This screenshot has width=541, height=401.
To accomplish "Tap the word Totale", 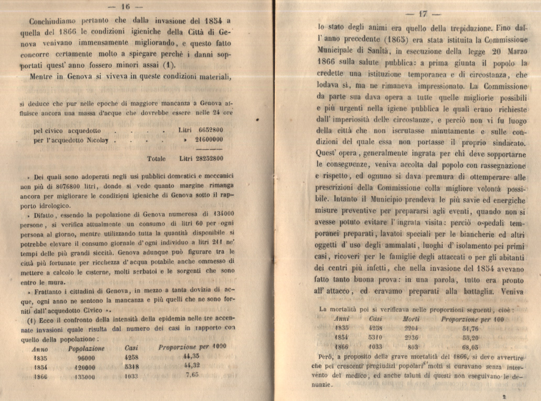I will (156, 158).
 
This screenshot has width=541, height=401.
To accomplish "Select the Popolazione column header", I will (86, 349).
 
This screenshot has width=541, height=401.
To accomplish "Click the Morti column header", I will (411, 319).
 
